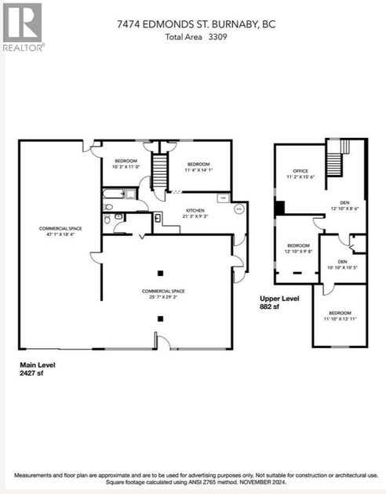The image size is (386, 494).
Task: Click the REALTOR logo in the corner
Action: [x=23, y=25]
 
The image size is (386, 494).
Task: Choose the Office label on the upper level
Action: [x=300, y=174]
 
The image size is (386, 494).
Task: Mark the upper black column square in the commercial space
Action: [x=160, y=273]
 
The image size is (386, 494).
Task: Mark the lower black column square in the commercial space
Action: [x=160, y=318]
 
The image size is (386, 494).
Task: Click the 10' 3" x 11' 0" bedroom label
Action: [x=126, y=164]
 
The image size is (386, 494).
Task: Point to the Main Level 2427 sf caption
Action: [x=38, y=368]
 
